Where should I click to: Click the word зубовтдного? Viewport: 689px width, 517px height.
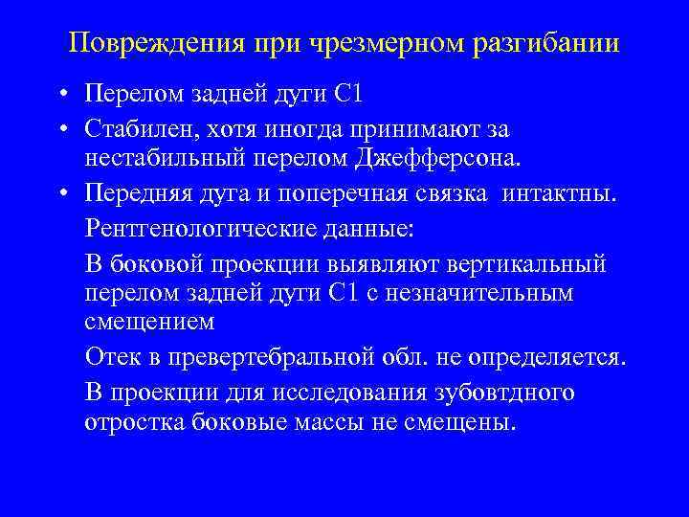[494, 393]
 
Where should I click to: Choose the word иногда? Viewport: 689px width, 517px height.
[324, 128]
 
